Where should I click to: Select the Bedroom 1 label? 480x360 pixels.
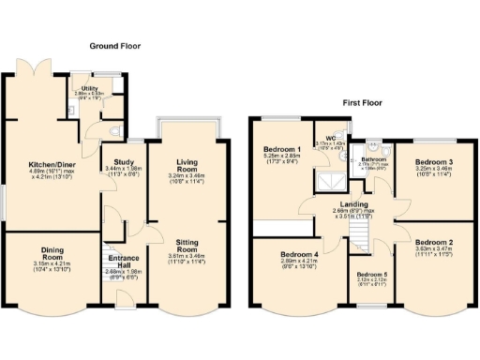[283, 150]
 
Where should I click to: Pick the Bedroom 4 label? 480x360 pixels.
[283, 254]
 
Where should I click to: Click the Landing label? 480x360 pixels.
[353, 203]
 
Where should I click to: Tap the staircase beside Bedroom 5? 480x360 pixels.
[360, 231]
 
